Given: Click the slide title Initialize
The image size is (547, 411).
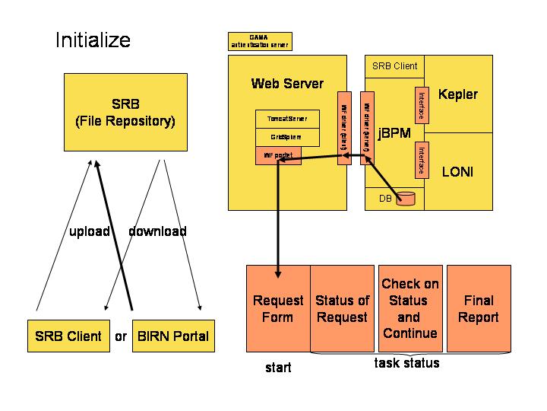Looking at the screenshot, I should [93, 40].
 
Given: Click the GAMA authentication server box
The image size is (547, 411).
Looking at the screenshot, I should [259, 41].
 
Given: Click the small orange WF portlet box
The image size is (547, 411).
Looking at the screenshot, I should [277, 155].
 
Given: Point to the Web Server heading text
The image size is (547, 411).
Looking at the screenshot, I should [287, 84].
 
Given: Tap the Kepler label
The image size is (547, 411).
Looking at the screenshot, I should [458, 94].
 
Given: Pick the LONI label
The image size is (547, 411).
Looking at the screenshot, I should [457, 172].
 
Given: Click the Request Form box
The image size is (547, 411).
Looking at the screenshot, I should [278, 308].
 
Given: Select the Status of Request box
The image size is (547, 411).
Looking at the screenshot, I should [342, 308].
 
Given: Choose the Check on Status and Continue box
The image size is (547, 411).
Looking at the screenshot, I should [409, 308].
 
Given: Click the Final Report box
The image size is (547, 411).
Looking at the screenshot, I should [478, 308].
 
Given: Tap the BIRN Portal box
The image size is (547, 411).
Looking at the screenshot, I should [172, 336].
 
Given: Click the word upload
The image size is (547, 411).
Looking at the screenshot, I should [90, 231].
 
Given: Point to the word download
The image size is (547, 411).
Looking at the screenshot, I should [157, 231].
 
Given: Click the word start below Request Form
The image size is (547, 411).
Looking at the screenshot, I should [278, 368].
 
